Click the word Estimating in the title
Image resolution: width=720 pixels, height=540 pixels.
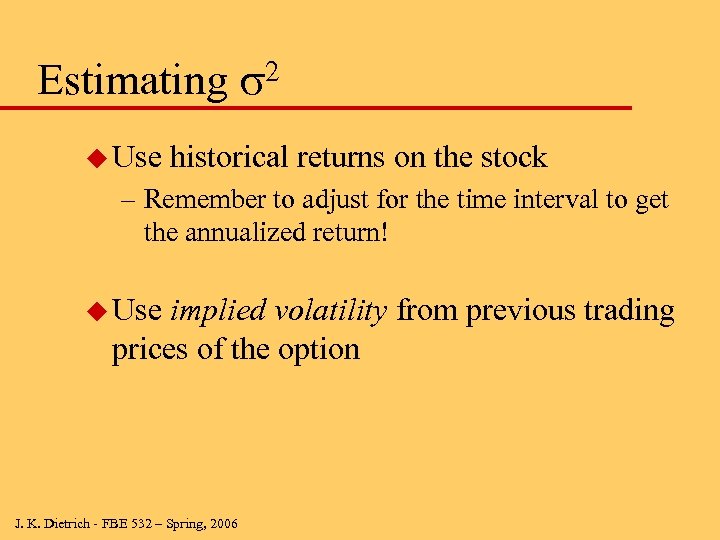[x=133, y=80]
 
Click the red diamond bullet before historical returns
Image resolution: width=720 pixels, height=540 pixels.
[x=96, y=158]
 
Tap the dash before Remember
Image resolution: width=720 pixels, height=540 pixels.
[x=128, y=200]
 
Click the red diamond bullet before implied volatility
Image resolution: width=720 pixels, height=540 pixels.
[x=96, y=311]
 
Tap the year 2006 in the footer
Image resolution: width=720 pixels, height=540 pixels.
[x=223, y=523]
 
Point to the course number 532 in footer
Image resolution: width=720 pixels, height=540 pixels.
[x=137, y=523]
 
